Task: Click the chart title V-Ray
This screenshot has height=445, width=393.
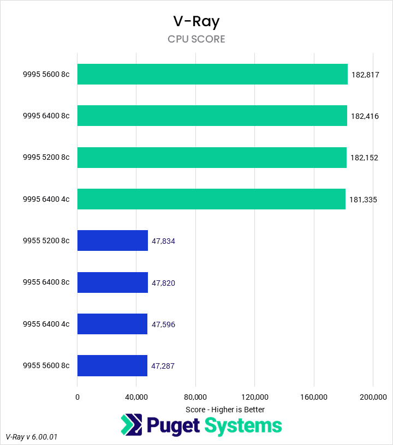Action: [x=196, y=21]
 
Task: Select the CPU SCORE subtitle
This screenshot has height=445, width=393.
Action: [x=196, y=39]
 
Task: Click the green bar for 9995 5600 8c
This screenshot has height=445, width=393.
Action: [x=212, y=74]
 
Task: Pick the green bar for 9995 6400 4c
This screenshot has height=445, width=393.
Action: [x=211, y=199]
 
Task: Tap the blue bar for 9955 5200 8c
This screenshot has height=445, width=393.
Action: [x=112, y=240]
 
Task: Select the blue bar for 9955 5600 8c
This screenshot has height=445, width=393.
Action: [x=112, y=365]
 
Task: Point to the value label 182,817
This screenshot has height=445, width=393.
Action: [x=365, y=75]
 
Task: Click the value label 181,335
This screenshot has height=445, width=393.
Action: [x=363, y=200]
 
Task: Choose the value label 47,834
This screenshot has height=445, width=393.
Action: [x=163, y=241]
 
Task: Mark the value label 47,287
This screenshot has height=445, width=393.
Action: [x=163, y=366]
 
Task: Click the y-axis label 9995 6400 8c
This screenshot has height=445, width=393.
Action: [x=46, y=116]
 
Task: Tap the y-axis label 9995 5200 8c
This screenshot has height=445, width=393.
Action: [x=46, y=158]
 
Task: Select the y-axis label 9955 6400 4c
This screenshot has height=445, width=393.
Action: [x=46, y=324]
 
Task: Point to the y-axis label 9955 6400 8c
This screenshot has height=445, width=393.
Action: [x=46, y=282]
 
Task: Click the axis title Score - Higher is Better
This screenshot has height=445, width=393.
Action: [x=225, y=409]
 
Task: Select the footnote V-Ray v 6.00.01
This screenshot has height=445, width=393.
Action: [x=32, y=437]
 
